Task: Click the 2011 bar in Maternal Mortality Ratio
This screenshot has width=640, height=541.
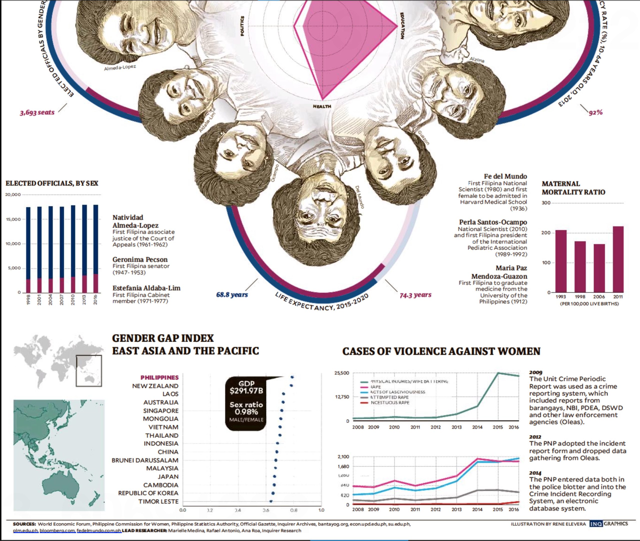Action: pyautogui.click(x=618, y=259)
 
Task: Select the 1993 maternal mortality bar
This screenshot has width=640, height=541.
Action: pyautogui.click(x=561, y=261)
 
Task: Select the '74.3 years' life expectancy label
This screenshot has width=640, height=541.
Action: pyautogui.click(x=415, y=295)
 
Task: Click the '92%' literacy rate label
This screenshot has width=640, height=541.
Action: pyautogui.click(x=595, y=113)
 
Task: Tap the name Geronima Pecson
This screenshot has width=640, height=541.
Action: pyautogui.click(x=140, y=259)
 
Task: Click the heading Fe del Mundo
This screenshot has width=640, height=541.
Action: pyautogui.click(x=505, y=176)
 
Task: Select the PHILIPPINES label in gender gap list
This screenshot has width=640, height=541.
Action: pyautogui.click(x=159, y=378)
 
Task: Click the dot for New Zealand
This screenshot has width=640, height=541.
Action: pyautogui.click(x=291, y=386)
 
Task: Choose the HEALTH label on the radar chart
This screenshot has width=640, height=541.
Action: pyautogui.click(x=322, y=106)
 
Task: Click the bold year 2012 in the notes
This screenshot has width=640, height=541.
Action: pyautogui.click(x=535, y=437)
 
